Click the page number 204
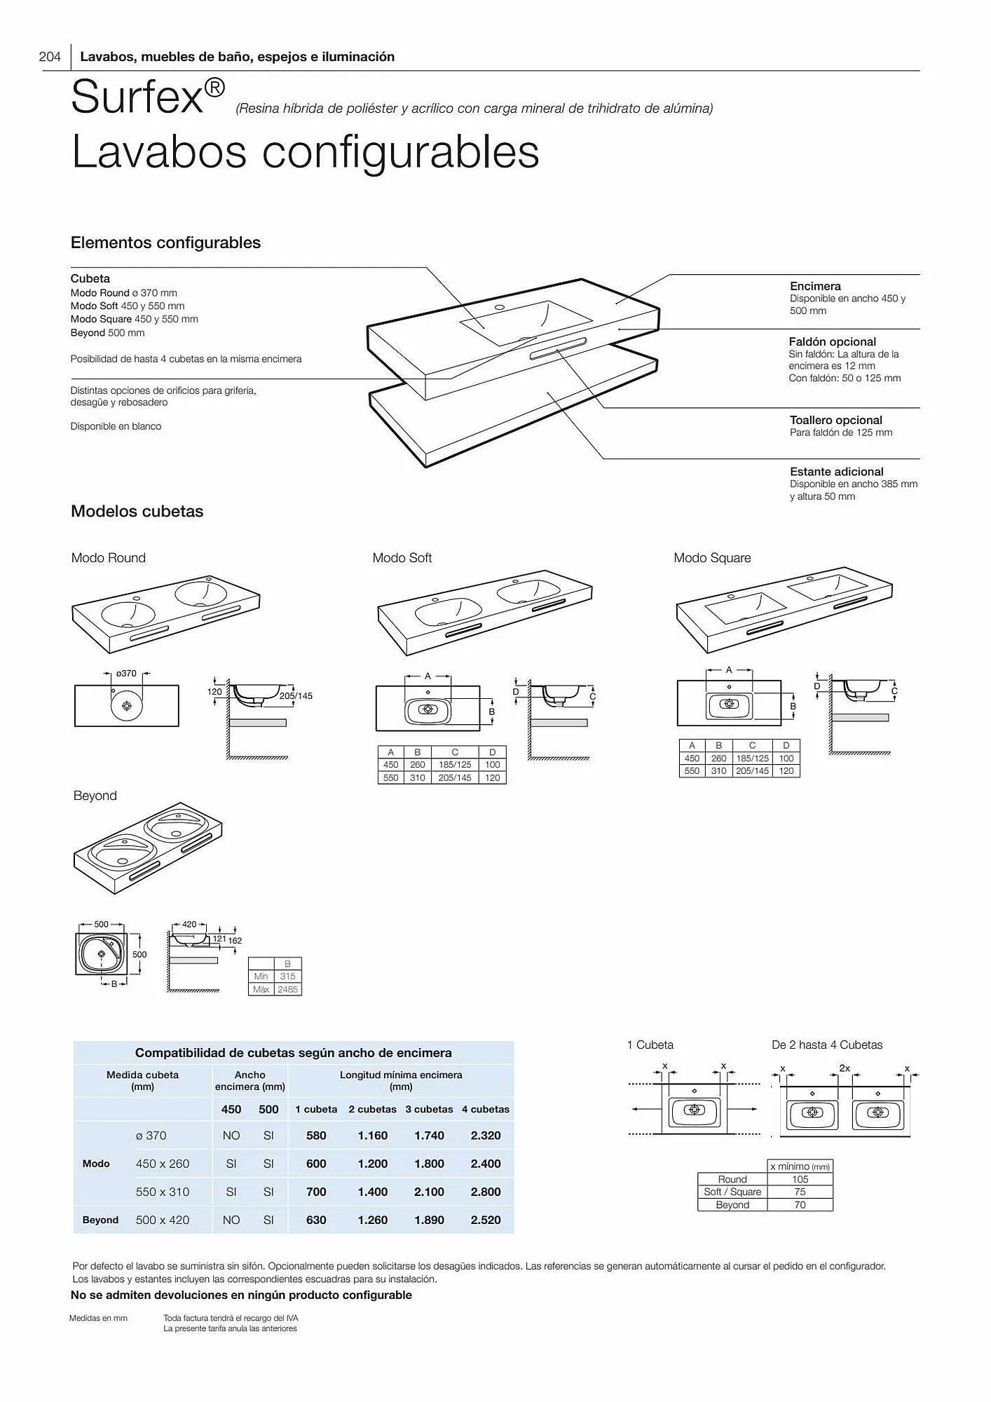(50, 57)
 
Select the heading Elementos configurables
(165, 243)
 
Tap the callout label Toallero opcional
(835, 420)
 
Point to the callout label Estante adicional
(836, 472)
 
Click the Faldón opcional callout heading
(832, 341)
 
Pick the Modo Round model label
(108, 558)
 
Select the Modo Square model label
(711, 558)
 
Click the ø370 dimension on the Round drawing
(126, 673)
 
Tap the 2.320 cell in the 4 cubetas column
(485, 1136)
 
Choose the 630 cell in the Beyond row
(316, 1220)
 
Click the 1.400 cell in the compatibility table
(372, 1192)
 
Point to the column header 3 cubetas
(429, 1109)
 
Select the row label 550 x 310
(162, 1192)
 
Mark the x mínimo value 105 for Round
(800, 1180)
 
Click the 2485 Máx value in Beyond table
(287, 989)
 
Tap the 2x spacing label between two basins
(845, 1068)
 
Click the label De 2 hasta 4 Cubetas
(826, 1044)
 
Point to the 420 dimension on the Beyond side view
(189, 924)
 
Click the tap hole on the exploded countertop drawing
(499, 307)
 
